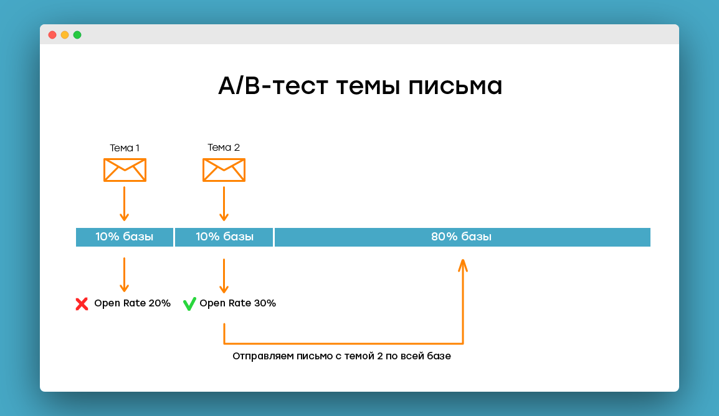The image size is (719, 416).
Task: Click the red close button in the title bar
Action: [52, 35]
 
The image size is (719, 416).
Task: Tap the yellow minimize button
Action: [65, 35]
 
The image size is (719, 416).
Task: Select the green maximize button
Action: [77, 35]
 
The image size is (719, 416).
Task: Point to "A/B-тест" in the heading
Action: [274, 86]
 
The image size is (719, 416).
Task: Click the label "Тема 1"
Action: [124, 148]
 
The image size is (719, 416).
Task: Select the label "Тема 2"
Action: [224, 148]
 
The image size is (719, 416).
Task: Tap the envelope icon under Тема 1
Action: [125, 170]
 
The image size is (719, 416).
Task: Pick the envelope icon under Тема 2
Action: [224, 170]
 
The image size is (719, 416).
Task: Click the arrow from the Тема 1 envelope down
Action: [124, 204]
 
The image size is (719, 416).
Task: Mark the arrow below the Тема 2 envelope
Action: [224, 204]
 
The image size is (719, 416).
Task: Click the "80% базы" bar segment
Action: [462, 237]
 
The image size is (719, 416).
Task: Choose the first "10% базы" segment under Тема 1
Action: [124, 237]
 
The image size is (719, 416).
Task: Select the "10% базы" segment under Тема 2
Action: [224, 237]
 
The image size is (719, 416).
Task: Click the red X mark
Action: [82, 304]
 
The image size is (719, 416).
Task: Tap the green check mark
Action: [189, 304]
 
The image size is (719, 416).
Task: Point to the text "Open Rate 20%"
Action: [132, 303]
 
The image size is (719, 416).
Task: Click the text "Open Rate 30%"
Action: [237, 303]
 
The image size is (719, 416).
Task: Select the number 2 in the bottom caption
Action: [380, 356]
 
